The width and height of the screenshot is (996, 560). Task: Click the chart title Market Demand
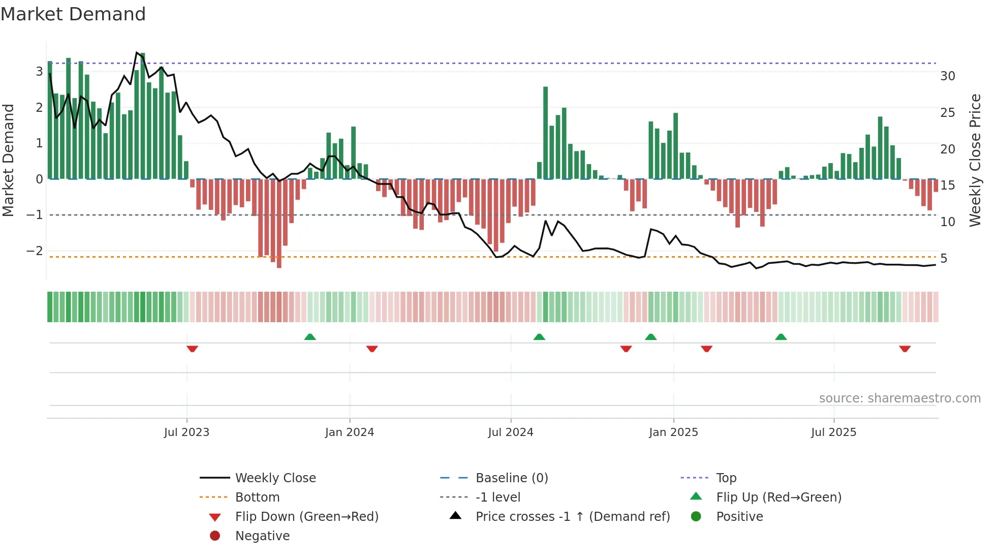[73, 14]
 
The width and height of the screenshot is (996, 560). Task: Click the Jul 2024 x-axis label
[510, 432]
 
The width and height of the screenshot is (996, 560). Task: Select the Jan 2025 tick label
[673, 432]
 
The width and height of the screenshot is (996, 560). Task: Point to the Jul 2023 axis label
[186, 432]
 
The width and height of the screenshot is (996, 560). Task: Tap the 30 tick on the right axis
[947, 76]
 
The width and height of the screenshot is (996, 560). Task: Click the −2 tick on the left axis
[35, 251]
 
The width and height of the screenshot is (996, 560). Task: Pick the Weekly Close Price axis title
[975, 160]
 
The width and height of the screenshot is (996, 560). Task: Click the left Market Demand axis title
[8, 160]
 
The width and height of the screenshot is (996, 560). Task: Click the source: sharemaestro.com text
[899, 398]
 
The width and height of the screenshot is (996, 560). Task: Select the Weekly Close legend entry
[275, 478]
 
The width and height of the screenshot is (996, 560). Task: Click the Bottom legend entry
[257, 497]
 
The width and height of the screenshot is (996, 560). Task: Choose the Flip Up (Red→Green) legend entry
[778, 497]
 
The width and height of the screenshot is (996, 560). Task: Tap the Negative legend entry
[262, 536]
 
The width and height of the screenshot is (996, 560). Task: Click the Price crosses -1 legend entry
[572, 517]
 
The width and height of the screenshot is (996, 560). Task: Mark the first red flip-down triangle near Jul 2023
[192, 349]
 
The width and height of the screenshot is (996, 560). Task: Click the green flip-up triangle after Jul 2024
[539, 337]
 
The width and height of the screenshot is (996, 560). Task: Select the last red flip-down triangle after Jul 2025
[905, 349]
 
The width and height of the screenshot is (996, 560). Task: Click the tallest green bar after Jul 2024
[545, 132]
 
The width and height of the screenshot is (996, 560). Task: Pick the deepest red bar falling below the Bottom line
[279, 224]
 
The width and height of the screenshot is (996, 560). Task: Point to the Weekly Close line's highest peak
[137, 52]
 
